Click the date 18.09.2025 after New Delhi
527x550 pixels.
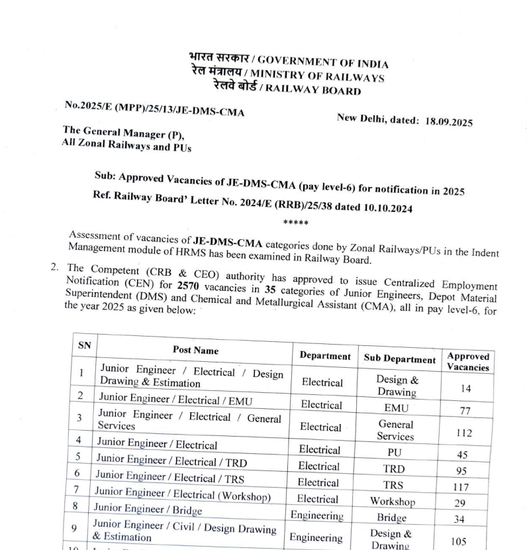(x=448, y=123)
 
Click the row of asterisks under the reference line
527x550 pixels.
(x=293, y=223)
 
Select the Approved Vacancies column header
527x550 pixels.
(x=467, y=362)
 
